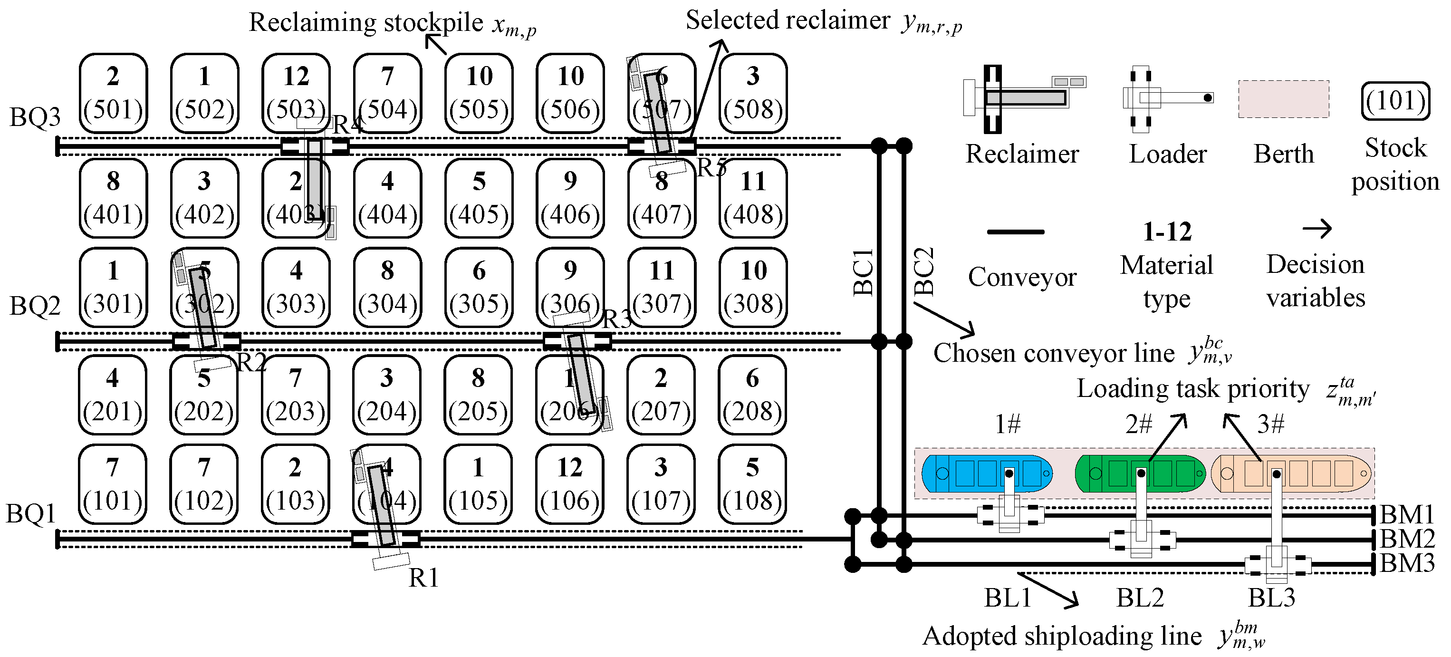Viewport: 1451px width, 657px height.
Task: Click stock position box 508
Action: (x=753, y=94)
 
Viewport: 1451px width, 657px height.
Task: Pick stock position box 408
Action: (x=753, y=198)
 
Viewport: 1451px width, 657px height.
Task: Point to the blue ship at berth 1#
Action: (x=986, y=473)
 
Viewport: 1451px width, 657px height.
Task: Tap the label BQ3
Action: (x=35, y=117)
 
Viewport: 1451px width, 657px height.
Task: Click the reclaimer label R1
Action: (x=423, y=578)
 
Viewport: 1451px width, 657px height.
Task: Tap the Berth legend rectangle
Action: (x=1283, y=99)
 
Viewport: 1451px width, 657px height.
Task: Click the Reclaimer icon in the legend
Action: (x=1022, y=98)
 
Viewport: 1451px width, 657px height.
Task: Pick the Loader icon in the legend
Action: (x=1166, y=98)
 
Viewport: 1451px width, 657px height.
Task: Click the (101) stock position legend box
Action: (x=1395, y=101)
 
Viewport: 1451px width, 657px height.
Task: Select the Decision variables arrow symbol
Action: (x=1317, y=229)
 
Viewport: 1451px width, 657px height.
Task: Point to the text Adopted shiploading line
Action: (x=1062, y=636)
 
